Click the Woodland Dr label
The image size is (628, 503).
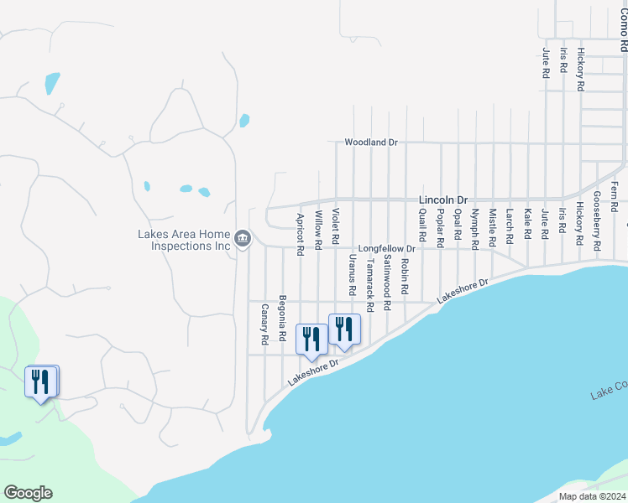[x=370, y=143]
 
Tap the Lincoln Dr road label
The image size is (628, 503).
[x=442, y=200]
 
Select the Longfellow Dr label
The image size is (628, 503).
[x=387, y=249]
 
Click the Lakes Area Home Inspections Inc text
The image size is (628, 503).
[x=184, y=240]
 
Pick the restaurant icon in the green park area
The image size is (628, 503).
[x=41, y=382]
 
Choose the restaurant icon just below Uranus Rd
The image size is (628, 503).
[x=343, y=329]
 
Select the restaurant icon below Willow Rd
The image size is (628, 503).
[x=311, y=339]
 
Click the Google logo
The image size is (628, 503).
[x=28, y=493]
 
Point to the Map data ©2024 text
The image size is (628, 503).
[x=592, y=496]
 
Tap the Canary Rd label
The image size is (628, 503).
[x=264, y=324]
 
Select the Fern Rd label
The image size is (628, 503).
[x=615, y=195]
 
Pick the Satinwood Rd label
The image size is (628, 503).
[x=387, y=283]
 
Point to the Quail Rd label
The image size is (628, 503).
[x=422, y=224]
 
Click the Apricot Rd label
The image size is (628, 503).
[x=300, y=234]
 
